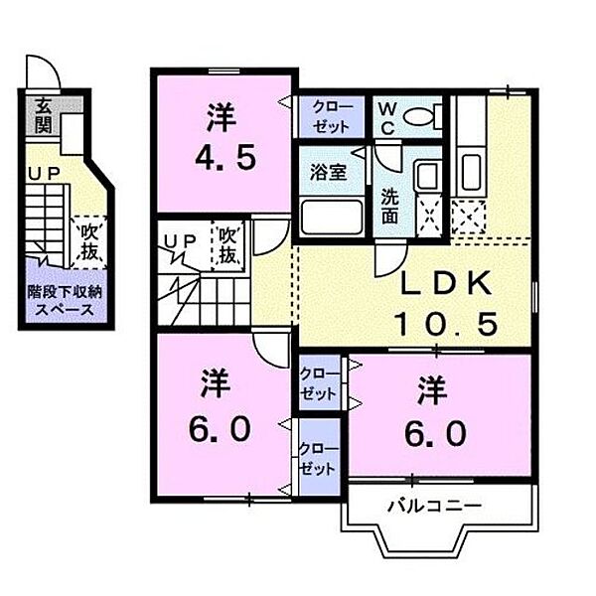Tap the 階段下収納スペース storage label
pos(65,301)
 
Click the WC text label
pos(387,119)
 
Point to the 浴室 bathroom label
pos(329,172)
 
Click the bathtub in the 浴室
pos(332,217)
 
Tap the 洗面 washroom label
pos(389,206)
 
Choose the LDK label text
pos(446,283)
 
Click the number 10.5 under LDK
pos(446,324)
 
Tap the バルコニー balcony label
pos(434,506)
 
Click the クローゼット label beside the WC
pos(331,116)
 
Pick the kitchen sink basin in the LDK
pos(471,172)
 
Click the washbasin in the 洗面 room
pos(428,174)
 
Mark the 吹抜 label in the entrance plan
pos(89,241)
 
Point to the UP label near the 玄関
pos(45,175)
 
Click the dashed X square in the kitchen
pos(468,218)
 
